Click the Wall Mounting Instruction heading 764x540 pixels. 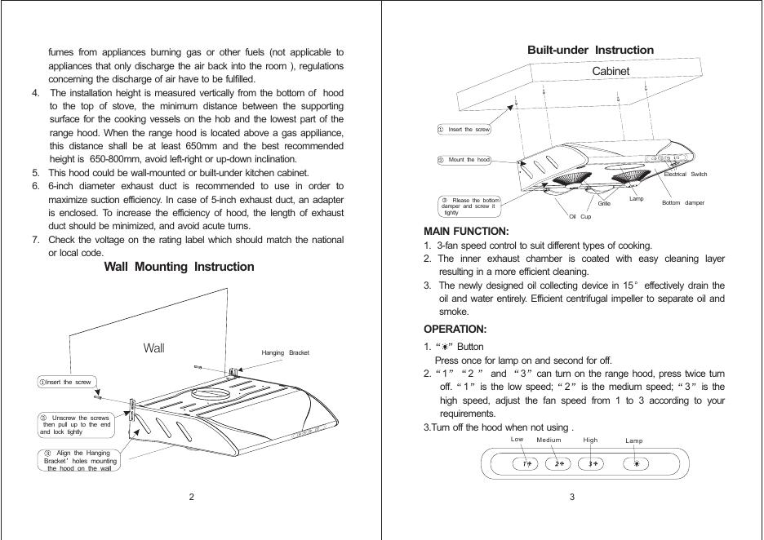(179, 267)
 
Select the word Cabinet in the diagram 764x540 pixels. (611, 72)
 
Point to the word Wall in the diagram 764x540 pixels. (153, 348)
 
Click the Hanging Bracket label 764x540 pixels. (285, 352)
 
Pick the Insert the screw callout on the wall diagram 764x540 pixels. (67, 382)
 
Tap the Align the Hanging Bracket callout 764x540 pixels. (78, 461)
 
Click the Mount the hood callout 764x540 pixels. (464, 160)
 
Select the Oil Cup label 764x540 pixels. (580, 216)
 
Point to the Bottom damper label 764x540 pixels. (682, 202)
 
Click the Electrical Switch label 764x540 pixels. (685, 175)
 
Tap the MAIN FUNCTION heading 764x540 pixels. (466, 232)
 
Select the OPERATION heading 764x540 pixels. (455, 330)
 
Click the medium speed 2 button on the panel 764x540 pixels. (558, 464)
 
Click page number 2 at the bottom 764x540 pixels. (191, 498)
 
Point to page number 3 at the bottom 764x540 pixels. (572, 498)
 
